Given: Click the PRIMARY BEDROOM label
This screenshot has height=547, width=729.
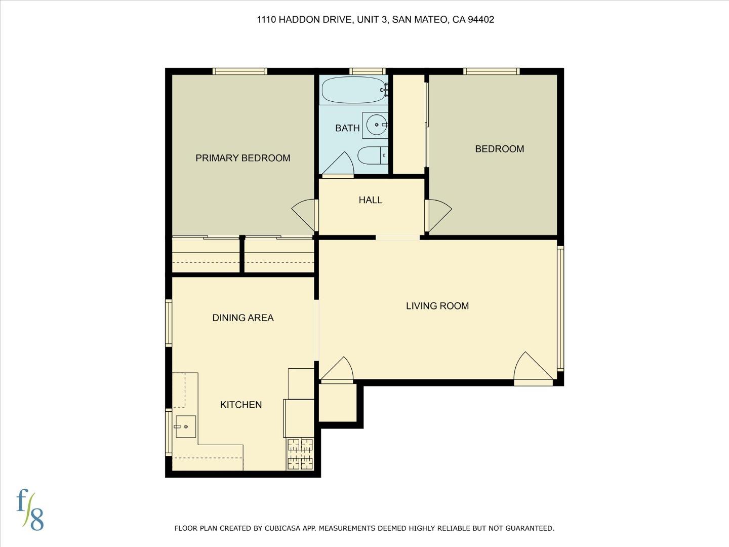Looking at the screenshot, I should click(x=243, y=158).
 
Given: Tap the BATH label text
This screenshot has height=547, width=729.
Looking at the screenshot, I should click(x=347, y=128).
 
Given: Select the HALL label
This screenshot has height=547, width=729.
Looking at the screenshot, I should click(x=371, y=200).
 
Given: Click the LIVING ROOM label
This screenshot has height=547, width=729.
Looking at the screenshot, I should click(x=437, y=306).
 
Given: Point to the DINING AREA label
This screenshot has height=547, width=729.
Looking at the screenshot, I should click(x=243, y=318).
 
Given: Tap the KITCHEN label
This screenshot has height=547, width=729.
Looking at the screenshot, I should click(x=241, y=405).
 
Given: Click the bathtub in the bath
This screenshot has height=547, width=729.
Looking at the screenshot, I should click(x=353, y=90).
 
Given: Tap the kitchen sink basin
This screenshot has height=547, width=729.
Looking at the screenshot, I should click(x=186, y=427).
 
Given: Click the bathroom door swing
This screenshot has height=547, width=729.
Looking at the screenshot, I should click(x=339, y=164).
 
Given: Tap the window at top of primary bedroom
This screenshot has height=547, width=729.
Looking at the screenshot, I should click(x=239, y=71).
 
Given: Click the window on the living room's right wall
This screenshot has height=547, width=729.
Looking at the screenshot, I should click(x=560, y=307).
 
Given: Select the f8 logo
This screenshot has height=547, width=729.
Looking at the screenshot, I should click(x=30, y=510).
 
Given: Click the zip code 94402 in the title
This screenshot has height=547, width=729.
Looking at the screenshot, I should click(x=481, y=20).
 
